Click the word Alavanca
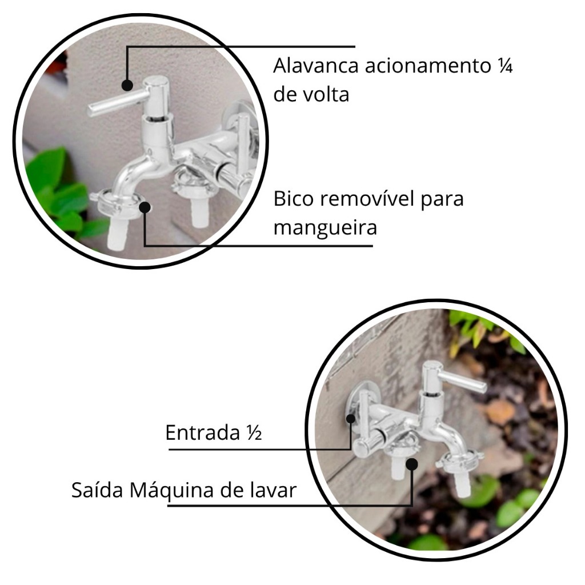click(x=315, y=66)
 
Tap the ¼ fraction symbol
click(x=504, y=66)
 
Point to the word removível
click(x=367, y=198)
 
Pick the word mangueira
click(x=325, y=227)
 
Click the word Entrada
click(x=202, y=433)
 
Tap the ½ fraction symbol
click(x=254, y=433)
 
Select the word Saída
click(x=97, y=490)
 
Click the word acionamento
click(x=427, y=66)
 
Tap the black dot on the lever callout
click(x=127, y=86)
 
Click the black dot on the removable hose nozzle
click(x=145, y=207)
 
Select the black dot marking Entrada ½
click(x=351, y=418)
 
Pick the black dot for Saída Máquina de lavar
click(x=411, y=464)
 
